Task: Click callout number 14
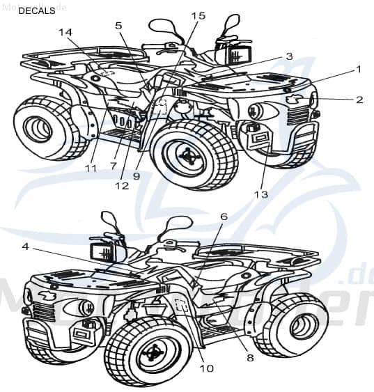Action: (x=65, y=32)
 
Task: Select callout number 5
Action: (x=118, y=26)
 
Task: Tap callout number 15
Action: (x=198, y=15)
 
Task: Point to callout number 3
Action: (x=288, y=56)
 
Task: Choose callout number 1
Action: (x=358, y=70)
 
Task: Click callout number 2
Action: (x=359, y=100)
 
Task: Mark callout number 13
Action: (x=260, y=194)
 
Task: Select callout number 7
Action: (x=113, y=165)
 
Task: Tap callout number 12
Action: (x=123, y=186)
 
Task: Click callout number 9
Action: (x=137, y=176)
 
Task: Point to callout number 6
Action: (x=224, y=217)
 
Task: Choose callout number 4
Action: (x=25, y=246)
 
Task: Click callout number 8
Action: (x=249, y=358)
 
